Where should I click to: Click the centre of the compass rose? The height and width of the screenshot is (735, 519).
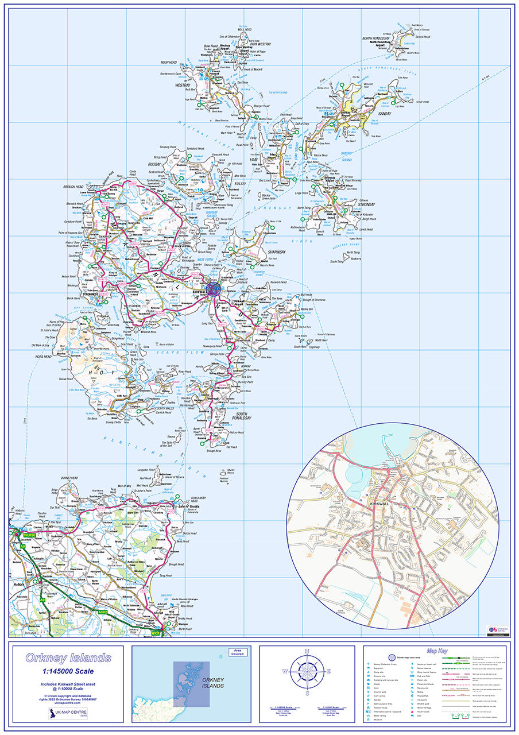307,671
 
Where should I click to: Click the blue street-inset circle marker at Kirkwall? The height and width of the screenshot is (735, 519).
212,288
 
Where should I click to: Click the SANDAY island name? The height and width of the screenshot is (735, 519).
384,114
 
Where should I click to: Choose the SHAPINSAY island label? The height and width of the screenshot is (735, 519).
276,252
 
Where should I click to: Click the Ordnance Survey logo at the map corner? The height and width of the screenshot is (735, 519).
497,630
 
